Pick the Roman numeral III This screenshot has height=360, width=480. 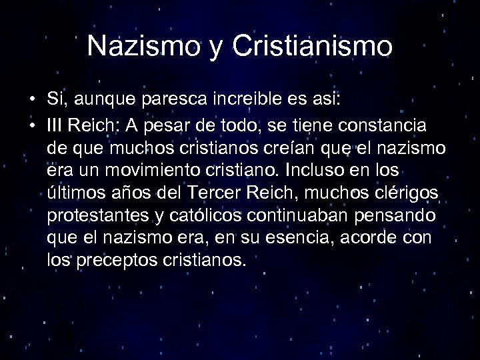coord(55,127)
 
